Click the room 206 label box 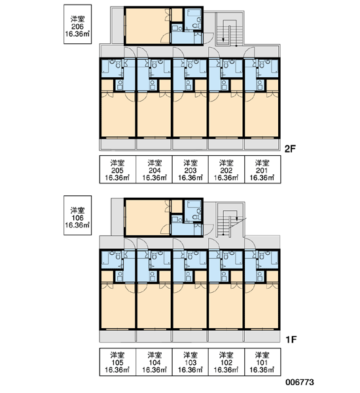[77, 24]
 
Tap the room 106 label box [77, 215]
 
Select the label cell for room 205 [118, 170]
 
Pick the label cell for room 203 [190, 170]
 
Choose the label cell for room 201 [262, 170]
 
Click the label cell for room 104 [154, 362]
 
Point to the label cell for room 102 [226, 362]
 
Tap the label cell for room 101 [262, 362]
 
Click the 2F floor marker [291, 149]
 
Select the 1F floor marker [291, 339]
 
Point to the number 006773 [300, 383]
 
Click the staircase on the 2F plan [230, 29]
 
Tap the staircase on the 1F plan [230, 219]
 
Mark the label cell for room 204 [154, 170]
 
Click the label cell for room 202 [226, 170]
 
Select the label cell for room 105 [118, 362]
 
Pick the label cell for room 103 [190, 362]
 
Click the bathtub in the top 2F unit [194, 13]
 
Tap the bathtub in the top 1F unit [194, 204]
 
